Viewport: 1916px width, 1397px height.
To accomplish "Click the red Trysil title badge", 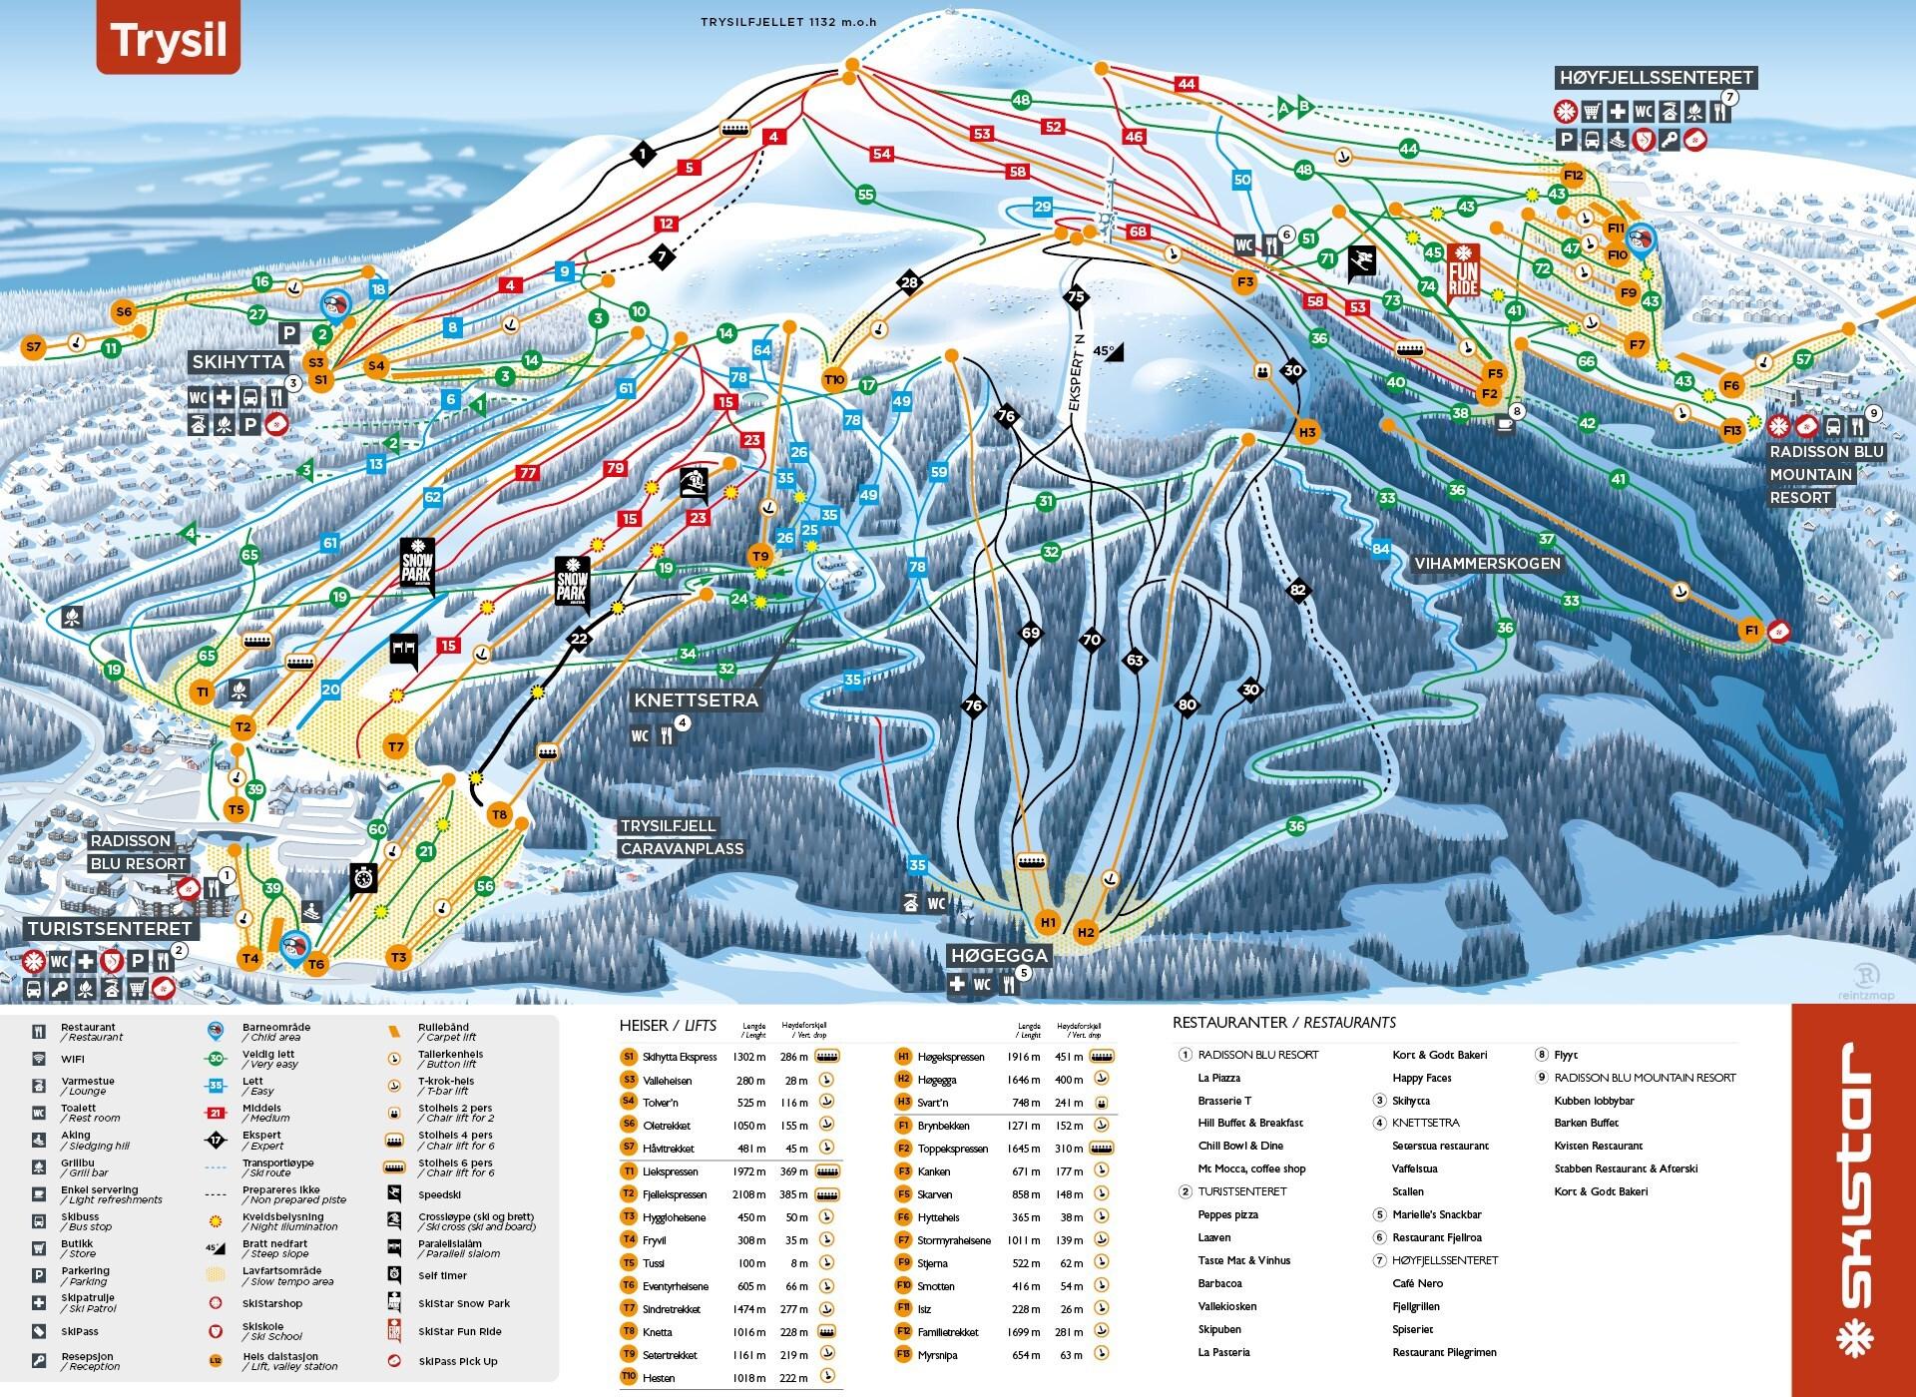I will [168, 40].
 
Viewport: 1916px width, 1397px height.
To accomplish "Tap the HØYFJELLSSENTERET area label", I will [1656, 78].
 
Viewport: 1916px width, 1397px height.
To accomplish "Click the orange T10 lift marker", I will [834, 379].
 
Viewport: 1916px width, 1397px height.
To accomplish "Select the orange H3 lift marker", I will [1308, 432].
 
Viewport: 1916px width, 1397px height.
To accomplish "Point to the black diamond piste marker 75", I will [1075, 296].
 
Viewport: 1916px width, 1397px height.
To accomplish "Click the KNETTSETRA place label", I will [696, 700].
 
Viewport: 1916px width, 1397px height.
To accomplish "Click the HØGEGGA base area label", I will [999, 955].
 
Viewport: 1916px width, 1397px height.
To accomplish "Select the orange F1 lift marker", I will [1749, 630].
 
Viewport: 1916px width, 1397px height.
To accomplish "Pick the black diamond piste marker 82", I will [1297, 590].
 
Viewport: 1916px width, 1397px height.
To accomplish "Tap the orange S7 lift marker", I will [34, 347].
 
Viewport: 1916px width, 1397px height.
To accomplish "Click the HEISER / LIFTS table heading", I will [668, 1026].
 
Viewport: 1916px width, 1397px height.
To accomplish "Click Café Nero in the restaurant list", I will [1417, 1283].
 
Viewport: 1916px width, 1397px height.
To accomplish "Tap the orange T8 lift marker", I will [499, 814].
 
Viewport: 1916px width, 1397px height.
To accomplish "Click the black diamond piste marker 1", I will [644, 154].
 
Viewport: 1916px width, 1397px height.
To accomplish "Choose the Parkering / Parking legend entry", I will [84, 1275].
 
